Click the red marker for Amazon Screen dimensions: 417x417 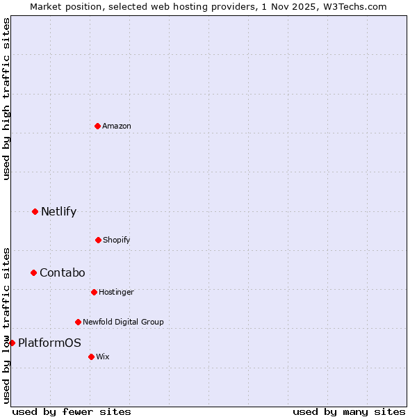point(98,126)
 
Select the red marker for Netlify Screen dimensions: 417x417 point(35,211)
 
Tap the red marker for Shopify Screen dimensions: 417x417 point(98,240)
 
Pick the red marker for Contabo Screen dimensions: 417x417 point(33,272)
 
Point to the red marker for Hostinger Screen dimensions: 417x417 point(94,292)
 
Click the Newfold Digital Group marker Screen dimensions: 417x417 point(78,322)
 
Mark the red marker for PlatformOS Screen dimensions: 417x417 point(12,343)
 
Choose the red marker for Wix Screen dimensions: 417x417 point(91,357)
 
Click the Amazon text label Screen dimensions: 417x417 point(117,126)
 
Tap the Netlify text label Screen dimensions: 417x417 point(58,211)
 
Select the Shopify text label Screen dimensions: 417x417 point(117,240)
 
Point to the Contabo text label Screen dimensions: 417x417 point(62,272)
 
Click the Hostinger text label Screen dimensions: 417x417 point(116,292)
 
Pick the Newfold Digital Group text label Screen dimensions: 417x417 point(123,322)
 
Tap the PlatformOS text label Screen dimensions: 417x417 point(49,343)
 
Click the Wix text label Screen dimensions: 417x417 point(103,357)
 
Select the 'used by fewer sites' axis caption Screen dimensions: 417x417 point(72,411)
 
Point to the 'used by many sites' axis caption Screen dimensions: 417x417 point(349,411)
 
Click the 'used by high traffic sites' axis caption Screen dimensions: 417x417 point(6,99)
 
